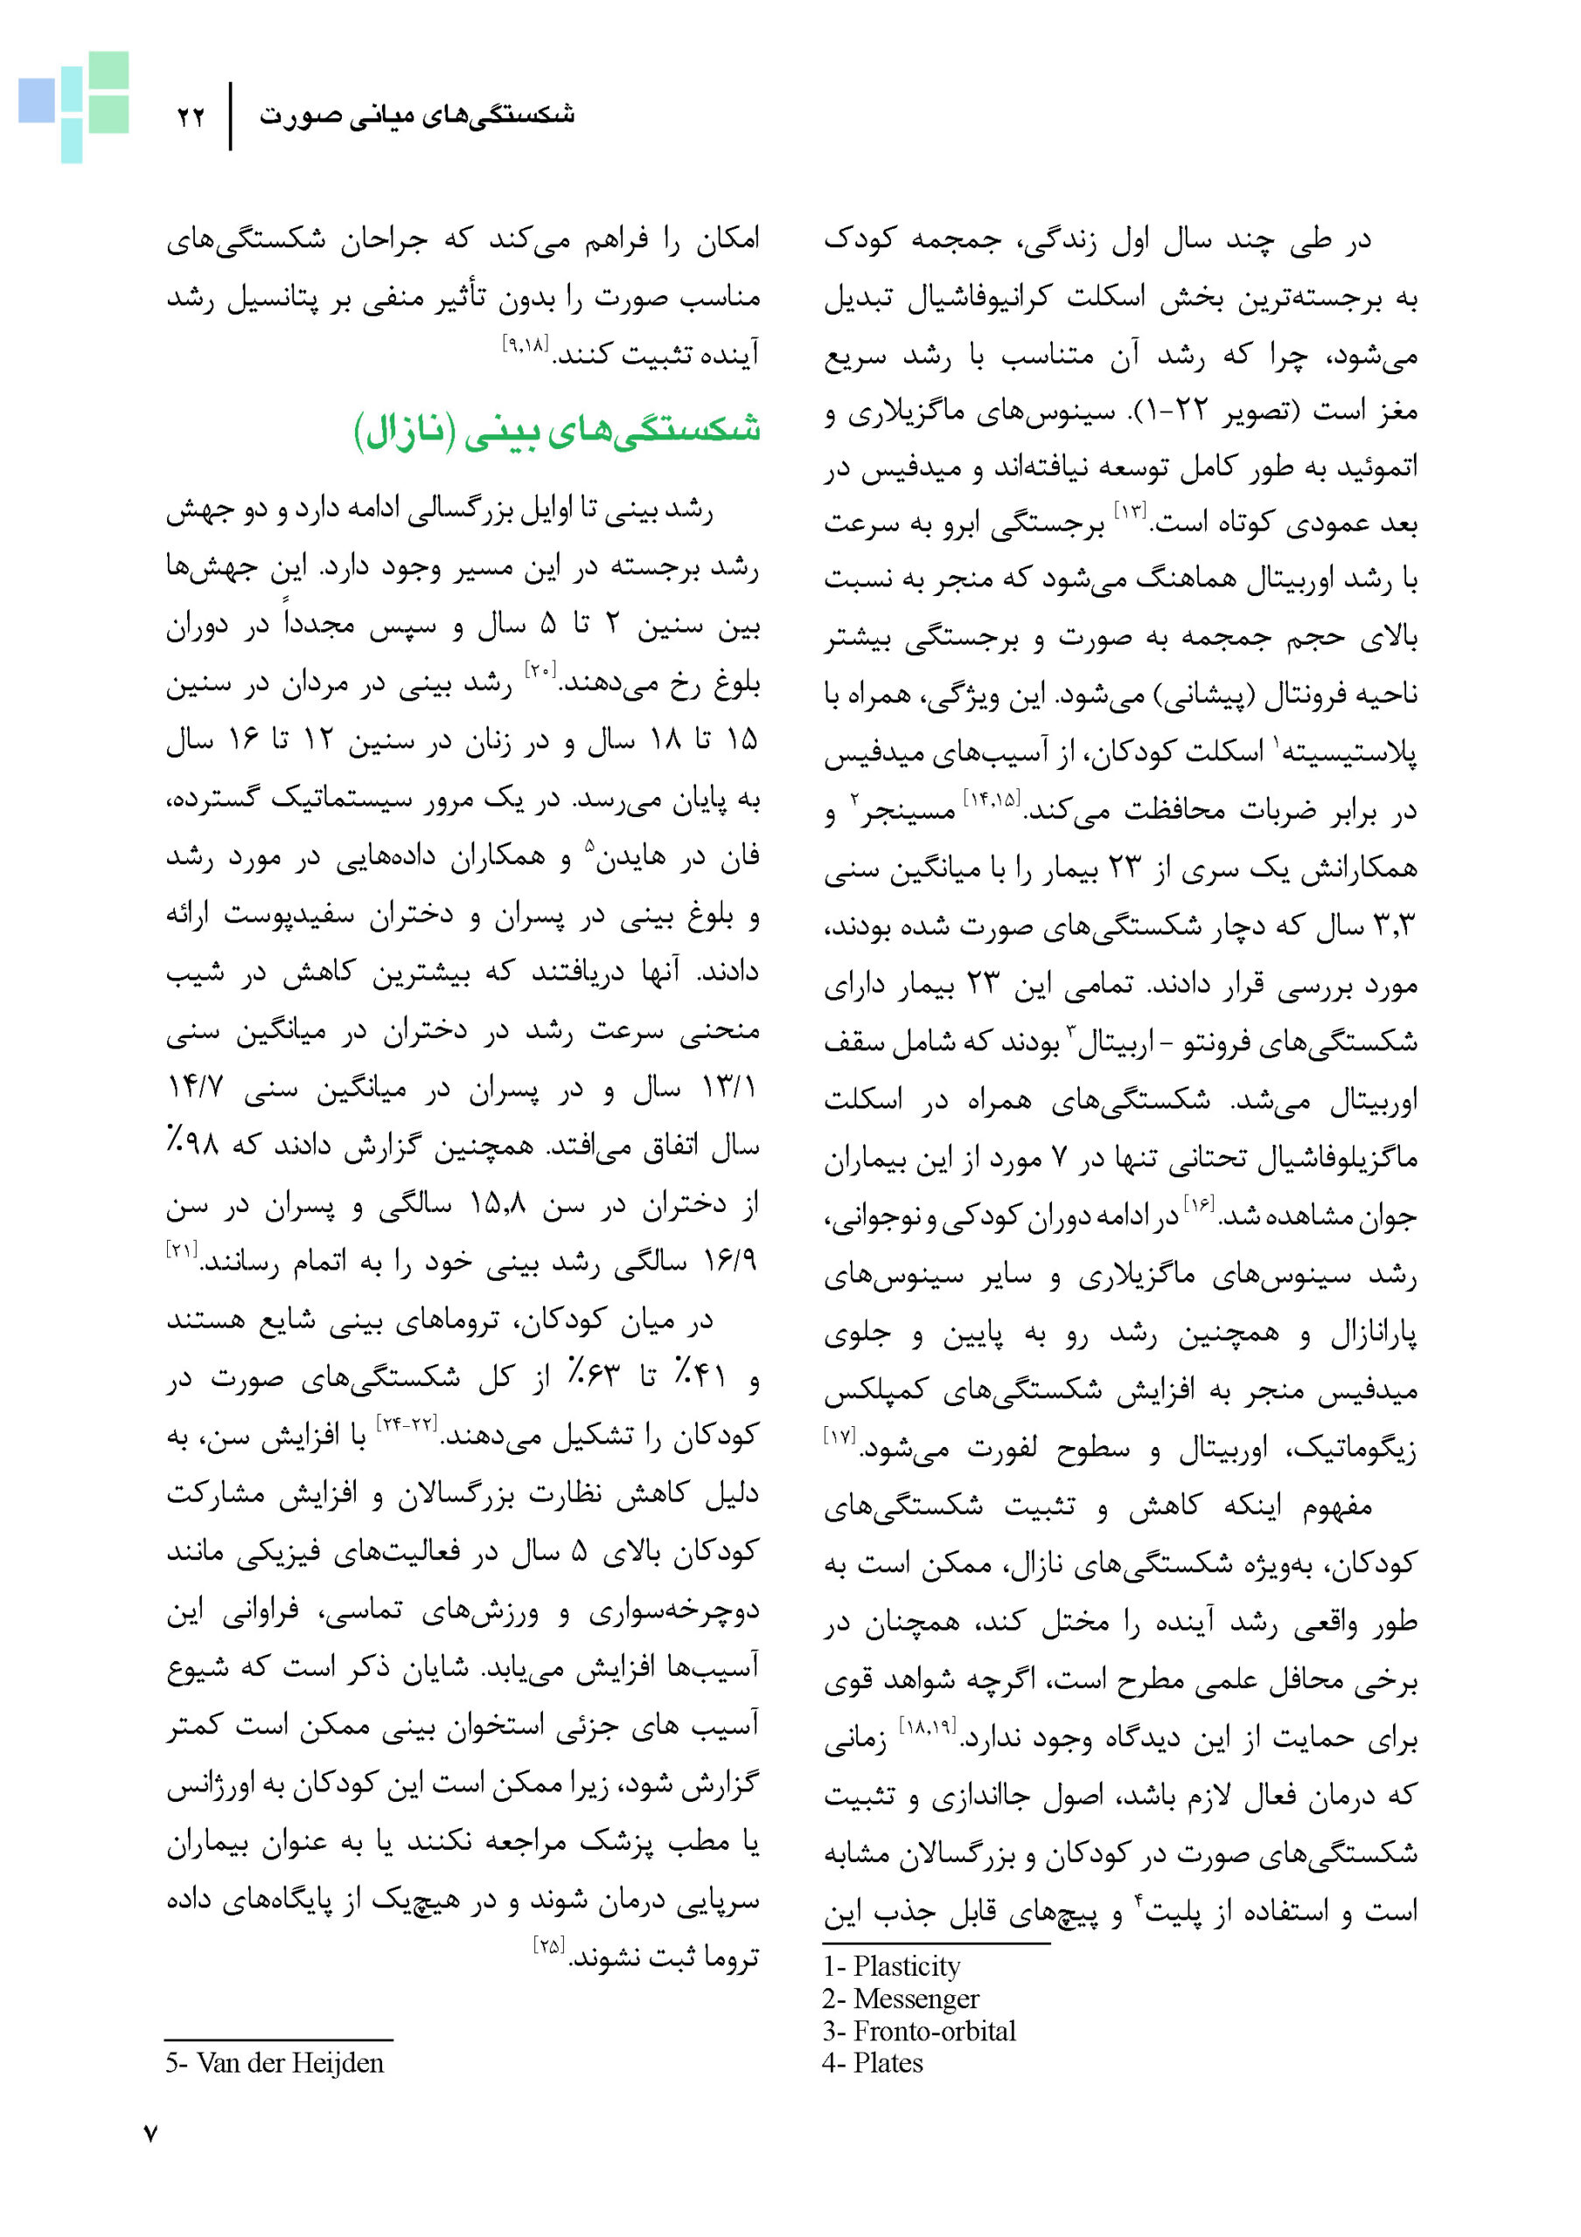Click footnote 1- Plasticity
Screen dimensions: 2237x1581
pyautogui.click(x=891, y=1966)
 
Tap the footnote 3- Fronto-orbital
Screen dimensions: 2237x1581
pyautogui.click(x=918, y=2031)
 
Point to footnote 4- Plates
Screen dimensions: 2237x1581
pyautogui.click(x=873, y=2062)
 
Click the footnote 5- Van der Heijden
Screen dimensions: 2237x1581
pyautogui.click(x=274, y=2062)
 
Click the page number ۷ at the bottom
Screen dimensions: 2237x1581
pyautogui.click(x=150, y=2134)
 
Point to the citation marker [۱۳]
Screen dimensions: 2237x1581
pyautogui.click(x=1132, y=510)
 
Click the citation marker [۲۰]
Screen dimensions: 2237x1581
pyautogui.click(x=540, y=669)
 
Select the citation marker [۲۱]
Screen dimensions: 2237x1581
pyautogui.click(x=182, y=1248)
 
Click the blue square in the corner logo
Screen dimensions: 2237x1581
pyautogui.click(x=37, y=100)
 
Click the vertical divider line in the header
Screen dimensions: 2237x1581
pyautogui.click(x=231, y=116)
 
